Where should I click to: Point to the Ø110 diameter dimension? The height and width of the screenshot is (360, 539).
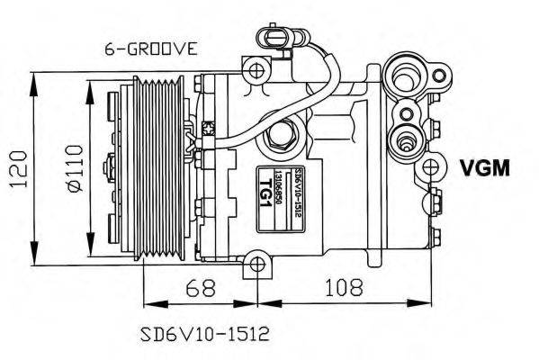point(75,167)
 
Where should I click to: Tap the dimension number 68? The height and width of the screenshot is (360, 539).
point(202,289)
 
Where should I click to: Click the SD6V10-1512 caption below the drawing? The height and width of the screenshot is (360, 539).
point(204,334)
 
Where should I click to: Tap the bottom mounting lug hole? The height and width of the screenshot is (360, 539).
point(257,265)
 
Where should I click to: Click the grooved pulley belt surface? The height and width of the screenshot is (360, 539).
point(163,166)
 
